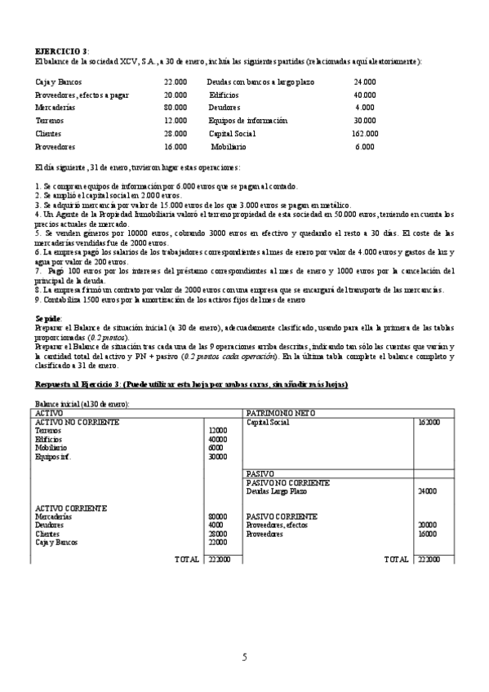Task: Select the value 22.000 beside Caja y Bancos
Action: click(x=175, y=82)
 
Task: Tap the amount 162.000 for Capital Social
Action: click(x=364, y=134)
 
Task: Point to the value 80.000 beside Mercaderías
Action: click(x=175, y=108)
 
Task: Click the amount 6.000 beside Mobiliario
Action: click(x=364, y=147)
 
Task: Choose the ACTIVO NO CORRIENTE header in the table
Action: click(x=78, y=422)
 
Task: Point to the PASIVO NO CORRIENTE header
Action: click(x=288, y=483)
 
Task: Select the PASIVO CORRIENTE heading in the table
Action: click(x=282, y=517)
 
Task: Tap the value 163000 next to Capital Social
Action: click(x=429, y=423)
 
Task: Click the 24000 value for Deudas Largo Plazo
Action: click(x=429, y=491)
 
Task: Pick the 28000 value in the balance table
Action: click(x=218, y=534)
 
